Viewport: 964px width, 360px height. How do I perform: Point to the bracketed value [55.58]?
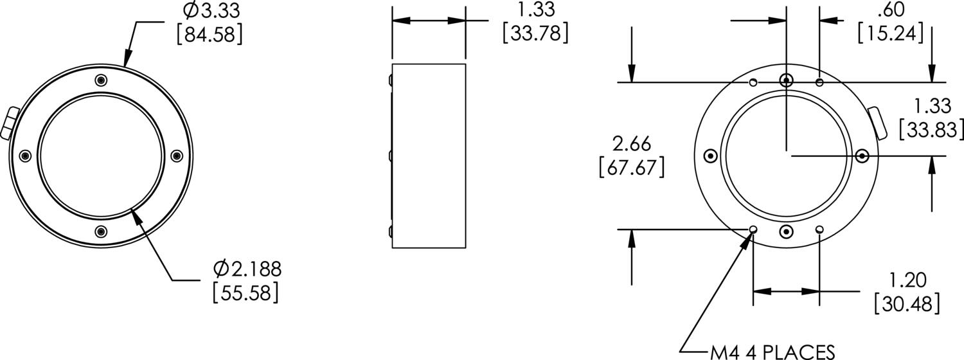(x=245, y=292)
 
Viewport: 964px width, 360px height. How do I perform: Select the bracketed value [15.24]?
(x=890, y=32)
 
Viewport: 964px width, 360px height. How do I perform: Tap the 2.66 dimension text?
(x=630, y=143)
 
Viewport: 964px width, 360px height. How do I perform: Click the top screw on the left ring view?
(x=100, y=80)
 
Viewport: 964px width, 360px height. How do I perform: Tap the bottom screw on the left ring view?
(x=100, y=231)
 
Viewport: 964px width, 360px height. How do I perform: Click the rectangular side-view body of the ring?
(x=429, y=156)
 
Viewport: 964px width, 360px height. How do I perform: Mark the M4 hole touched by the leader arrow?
(x=753, y=230)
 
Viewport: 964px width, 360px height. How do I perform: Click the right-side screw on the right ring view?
(x=862, y=156)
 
